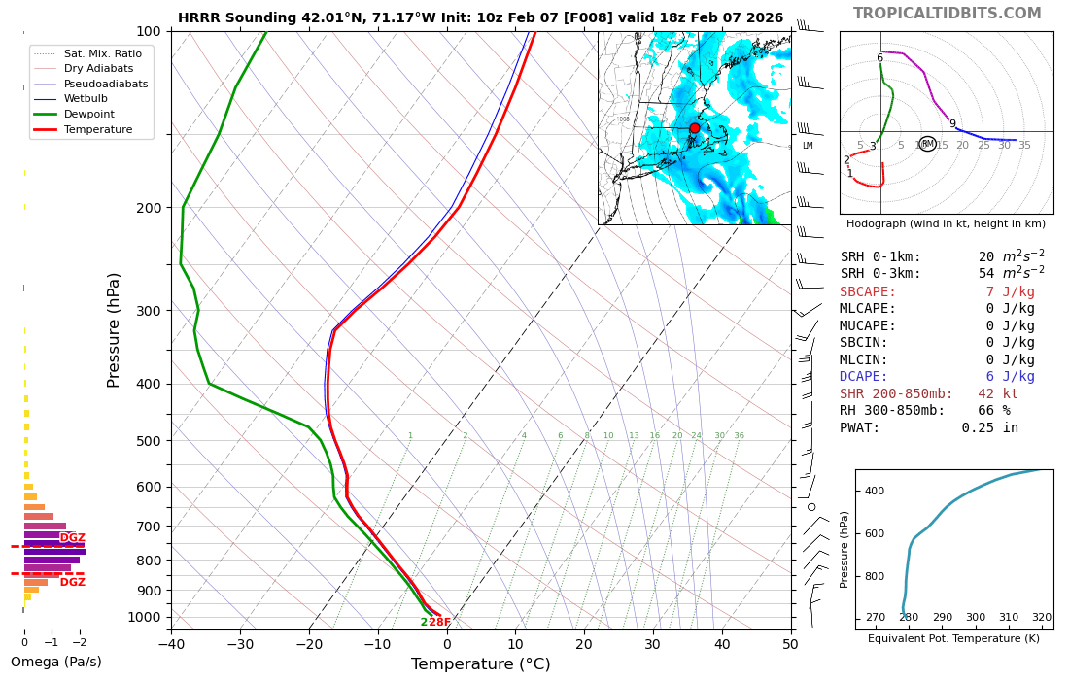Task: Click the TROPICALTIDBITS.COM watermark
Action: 947,14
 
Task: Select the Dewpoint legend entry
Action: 88,114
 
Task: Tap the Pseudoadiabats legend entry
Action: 106,84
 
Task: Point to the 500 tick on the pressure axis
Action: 148,441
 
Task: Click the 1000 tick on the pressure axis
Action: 144,617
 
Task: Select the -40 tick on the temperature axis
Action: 172,643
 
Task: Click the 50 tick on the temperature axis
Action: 790,643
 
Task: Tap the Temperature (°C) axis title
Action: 480,664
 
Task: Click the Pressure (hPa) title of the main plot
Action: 114,330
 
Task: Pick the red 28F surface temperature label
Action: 440,623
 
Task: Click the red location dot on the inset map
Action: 694,128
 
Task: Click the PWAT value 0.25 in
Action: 990,428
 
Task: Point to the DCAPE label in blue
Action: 864,377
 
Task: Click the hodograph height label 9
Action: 952,124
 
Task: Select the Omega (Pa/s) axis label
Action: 55,663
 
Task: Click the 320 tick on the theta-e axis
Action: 1041,618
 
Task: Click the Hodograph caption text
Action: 946,224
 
